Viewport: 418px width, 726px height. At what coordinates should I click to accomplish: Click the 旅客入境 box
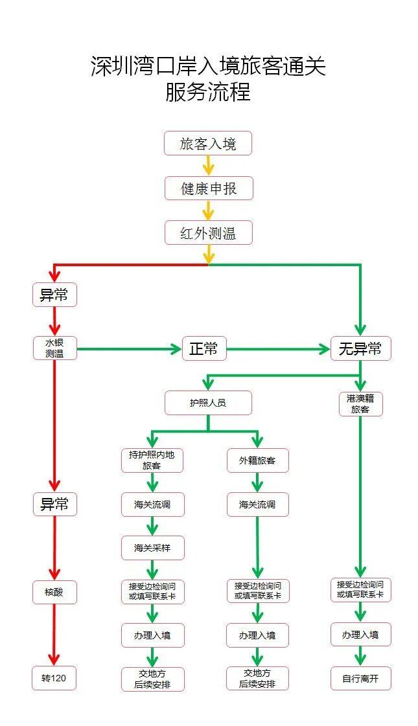[x=207, y=144]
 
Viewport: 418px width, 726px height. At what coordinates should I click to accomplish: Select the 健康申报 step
[x=207, y=188]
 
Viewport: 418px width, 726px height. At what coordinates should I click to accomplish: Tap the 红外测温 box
[x=207, y=233]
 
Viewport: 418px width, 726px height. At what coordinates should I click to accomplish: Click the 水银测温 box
[x=54, y=348]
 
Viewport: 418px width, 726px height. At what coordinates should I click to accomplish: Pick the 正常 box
[x=203, y=349]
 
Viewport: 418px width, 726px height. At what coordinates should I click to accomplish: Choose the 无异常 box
[x=360, y=349]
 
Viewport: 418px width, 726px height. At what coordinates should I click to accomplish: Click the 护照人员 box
[x=207, y=402]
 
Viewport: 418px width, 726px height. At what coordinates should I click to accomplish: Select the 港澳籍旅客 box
[x=361, y=404]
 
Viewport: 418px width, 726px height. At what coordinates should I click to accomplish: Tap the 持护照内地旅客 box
[x=152, y=460]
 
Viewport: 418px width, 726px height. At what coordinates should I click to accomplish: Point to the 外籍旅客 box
[x=257, y=460]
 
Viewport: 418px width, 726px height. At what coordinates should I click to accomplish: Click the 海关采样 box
[x=152, y=548]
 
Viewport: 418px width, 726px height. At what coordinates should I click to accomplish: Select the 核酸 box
[x=54, y=591]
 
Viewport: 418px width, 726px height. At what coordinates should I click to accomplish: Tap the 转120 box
[x=54, y=678]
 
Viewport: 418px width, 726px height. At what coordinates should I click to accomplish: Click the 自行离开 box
[x=361, y=678]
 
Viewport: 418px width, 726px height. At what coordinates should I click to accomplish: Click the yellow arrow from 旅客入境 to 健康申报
[x=208, y=166]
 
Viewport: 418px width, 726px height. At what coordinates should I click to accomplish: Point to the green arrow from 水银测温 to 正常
[x=130, y=349]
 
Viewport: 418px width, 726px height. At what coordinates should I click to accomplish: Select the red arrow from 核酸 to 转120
[x=54, y=635]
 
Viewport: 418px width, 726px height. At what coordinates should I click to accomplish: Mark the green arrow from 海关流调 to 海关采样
[x=152, y=526]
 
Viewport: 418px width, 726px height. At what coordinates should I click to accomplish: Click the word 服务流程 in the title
[x=208, y=93]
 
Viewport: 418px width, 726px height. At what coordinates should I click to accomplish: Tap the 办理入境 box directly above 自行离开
[x=361, y=635]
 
